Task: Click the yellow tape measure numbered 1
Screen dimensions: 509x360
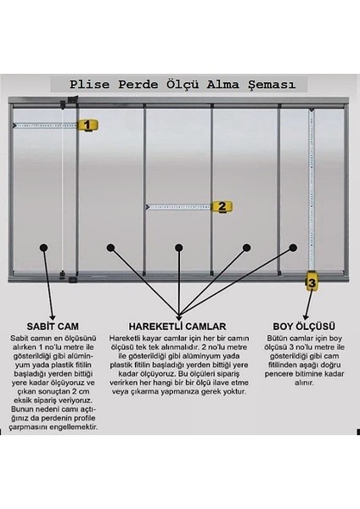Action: tap(86, 125)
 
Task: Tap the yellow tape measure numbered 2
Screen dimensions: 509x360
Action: tap(221, 206)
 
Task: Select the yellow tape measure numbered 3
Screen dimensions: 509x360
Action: tap(312, 282)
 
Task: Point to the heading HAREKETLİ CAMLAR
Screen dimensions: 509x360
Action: tap(178, 326)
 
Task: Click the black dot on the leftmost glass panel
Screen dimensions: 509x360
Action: tap(42, 248)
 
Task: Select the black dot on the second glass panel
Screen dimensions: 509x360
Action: tap(110, 248)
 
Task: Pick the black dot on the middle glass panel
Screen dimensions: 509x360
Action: tap(178, 248)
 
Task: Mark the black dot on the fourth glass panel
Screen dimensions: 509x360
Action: tap(246, 248)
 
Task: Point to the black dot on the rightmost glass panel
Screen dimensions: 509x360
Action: tap(293, 248)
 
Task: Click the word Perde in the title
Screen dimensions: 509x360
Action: tap(136, 84)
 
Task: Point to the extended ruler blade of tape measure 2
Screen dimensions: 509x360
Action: tap(178, 206)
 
